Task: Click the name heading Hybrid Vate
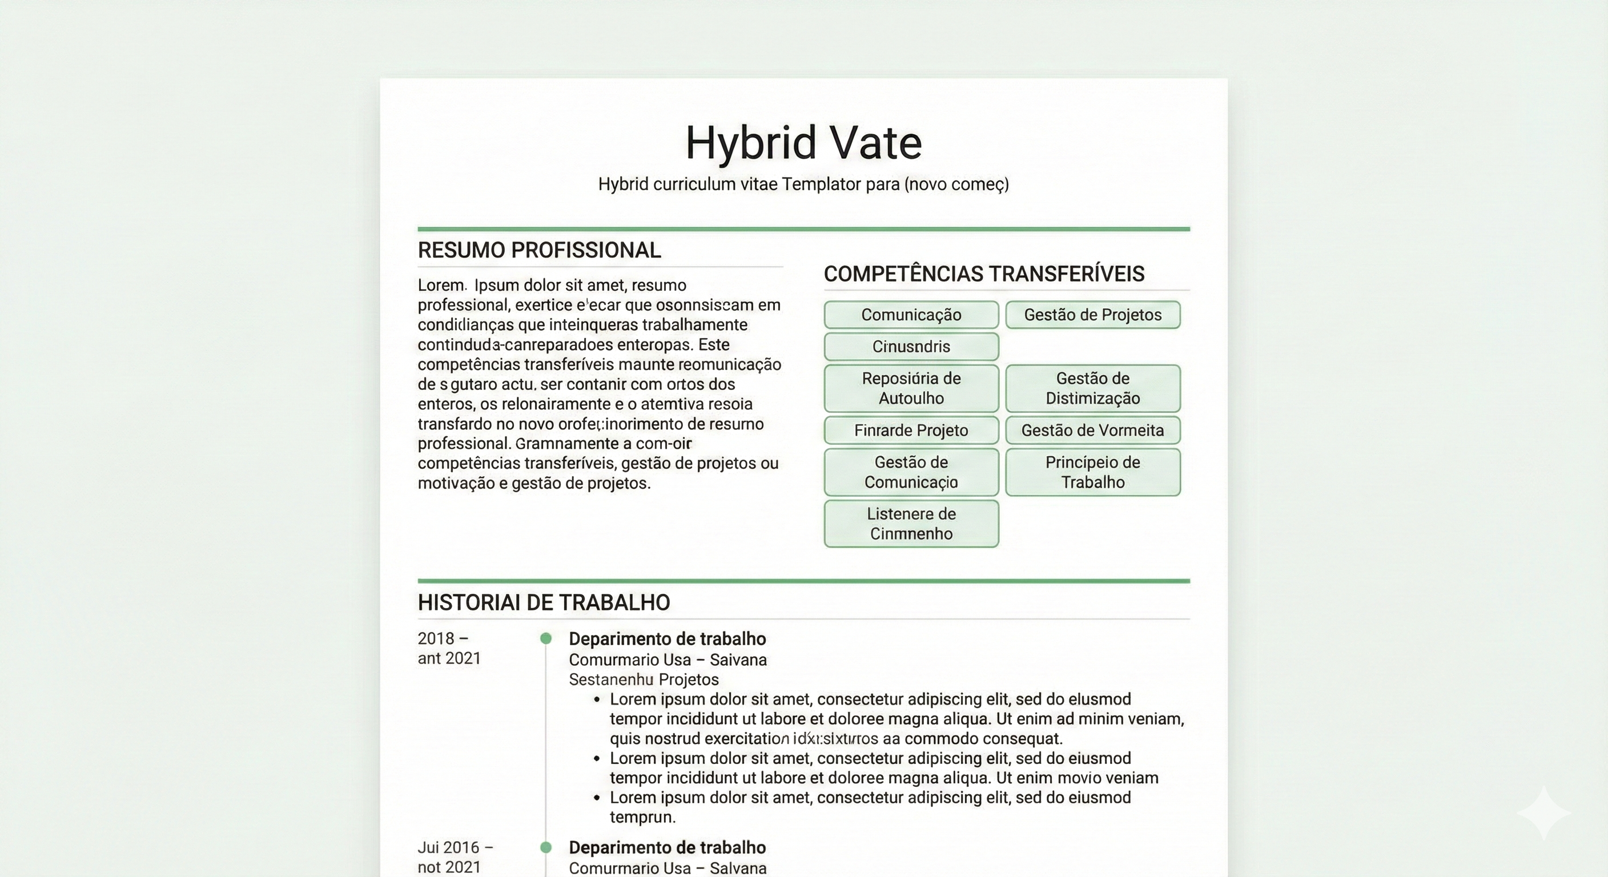(803, 143)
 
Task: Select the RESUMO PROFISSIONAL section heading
(538, 250)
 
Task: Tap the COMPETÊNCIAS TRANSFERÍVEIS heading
(984, 274)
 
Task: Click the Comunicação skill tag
(911, 315)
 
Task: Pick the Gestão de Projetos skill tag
(1092, 315)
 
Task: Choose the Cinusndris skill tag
(911, 347)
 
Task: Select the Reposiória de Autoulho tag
(911, 388)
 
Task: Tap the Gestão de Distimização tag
(1092, 388)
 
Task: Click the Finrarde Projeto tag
(911, 430)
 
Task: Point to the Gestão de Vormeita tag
(1092, 430)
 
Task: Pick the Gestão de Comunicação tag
(911, 472)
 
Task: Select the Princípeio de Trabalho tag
(1092, 472)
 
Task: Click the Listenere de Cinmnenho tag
(911, 524)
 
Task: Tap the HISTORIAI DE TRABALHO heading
(544, 602)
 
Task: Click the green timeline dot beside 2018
(545, 638)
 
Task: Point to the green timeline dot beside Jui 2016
(545, 847)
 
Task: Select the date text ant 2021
(449, 658)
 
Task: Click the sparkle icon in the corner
(1543, 812)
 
